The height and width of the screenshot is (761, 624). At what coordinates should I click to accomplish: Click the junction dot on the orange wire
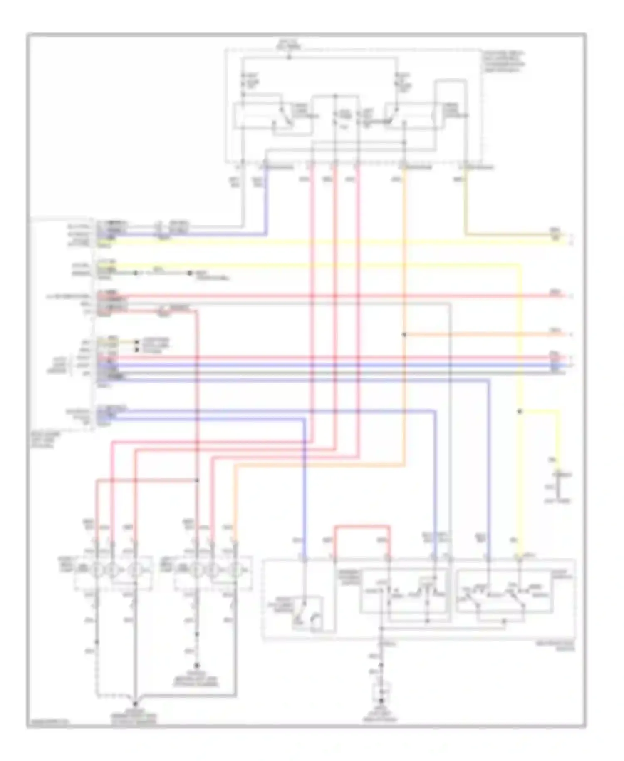pyautogui.click(x=404, y=334)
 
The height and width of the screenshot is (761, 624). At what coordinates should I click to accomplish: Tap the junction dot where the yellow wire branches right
pyautogui.click(x=519, y=411)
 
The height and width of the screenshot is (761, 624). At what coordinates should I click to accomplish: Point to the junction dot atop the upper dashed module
pyautogui.click(x=290, y=57)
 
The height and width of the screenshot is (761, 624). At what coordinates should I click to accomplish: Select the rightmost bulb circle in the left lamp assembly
pyautogui.click(x=134, y=569)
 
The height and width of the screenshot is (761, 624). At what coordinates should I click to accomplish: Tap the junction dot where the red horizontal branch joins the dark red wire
pyautogui.click(x=197, y=480)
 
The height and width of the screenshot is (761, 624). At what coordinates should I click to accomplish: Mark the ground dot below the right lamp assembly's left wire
pyautogui.click(x=197, y=666)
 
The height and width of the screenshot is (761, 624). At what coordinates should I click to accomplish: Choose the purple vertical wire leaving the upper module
pyautogui.click(x=266, y=200)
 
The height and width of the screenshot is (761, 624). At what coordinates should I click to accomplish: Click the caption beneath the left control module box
pyautogui.click(x=45, y=439)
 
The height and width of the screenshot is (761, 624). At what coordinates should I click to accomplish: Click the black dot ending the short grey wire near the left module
pyautogui.click(x=190, y=273)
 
